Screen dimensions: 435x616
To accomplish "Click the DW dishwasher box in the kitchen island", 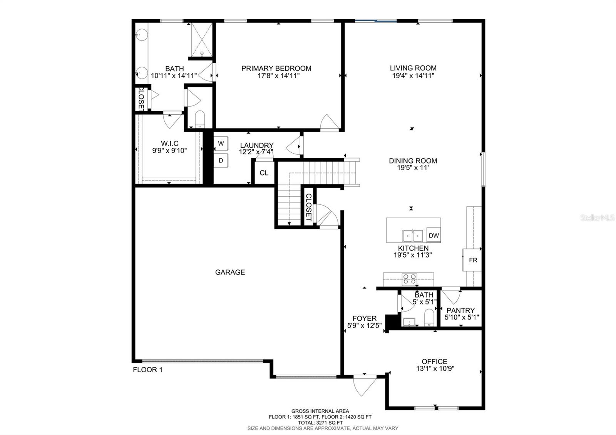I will pyautogui.click(x=434, y=236).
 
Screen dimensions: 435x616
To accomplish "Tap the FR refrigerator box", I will pyautogui.click(x=473, y=260).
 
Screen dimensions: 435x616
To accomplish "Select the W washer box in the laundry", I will pyautogui.click(x=221, y=144).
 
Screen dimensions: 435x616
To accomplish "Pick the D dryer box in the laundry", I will pyautogui.click(x=221, y=161).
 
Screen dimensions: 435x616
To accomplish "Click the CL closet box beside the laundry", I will pyautogui.click(x=264, y=173).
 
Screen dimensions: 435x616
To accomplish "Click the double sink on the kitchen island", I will pyautogui.click(x=412, y=235).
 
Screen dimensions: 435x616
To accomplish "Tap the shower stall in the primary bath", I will pyautogui.click(x=202, y=39).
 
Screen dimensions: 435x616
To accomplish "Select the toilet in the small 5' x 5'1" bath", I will pyautogui.click(x=429, y=318).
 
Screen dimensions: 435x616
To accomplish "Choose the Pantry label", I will pyautogui.click(x=460, y=310).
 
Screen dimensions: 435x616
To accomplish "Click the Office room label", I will pyautogui.click(x=434, y=361).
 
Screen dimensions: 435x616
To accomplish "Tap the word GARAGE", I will pyautogui.click(x=230, y=272).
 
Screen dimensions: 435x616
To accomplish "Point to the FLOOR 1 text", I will pyautogui.click(x=148, y=370).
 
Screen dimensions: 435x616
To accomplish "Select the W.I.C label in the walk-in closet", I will pyautogui.click(x=169, y=144).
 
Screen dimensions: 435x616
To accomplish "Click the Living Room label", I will pyautogui.click(x=413, y=68).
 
